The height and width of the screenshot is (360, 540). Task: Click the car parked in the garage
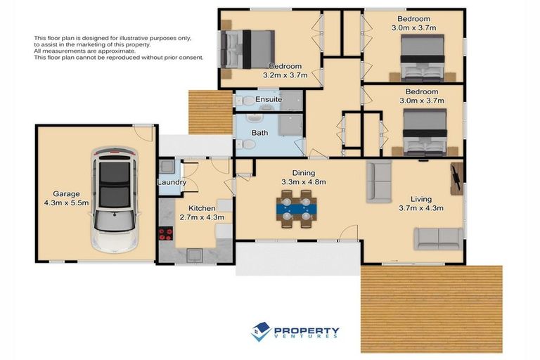tap(115, 200)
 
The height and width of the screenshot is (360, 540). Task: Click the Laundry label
tap(172, 183)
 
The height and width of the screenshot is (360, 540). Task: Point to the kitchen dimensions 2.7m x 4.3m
tap(202, 217)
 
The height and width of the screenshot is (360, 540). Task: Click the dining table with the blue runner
tap(297, 206)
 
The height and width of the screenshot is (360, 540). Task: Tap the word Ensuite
tap(269, 100)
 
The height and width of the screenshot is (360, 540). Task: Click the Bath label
tap(259, 132)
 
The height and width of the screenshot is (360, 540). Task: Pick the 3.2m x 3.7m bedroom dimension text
tap(284, 75)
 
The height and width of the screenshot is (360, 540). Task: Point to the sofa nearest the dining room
tap(379, 181)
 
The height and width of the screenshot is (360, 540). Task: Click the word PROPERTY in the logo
tap(306, 330)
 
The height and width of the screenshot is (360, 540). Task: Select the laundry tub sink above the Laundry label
tap(167, 167)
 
